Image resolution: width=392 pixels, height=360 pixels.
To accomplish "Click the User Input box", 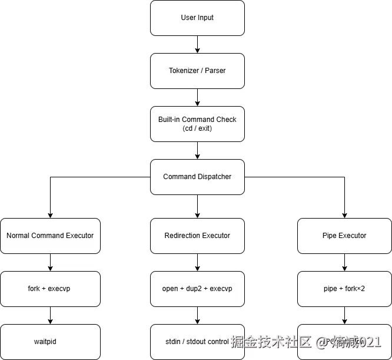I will coord(197,18).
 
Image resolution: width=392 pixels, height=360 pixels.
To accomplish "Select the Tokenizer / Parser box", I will coord(197,71).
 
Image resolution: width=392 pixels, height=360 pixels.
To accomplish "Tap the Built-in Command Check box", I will coord(197,124).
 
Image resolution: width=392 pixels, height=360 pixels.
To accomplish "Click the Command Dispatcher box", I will coord(197,177).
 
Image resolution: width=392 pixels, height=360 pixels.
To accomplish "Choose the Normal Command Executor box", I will coord(50,236).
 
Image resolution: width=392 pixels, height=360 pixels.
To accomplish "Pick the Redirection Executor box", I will coord(197,236).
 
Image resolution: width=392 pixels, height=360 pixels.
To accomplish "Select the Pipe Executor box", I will coord(344,236).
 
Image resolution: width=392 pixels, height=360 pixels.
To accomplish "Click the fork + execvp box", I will coord(50,289).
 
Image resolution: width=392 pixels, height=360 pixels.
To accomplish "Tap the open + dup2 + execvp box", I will coord(197,289).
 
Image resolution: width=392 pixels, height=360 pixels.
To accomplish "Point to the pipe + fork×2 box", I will coord(344,289).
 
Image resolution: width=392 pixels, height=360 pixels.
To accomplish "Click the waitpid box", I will coord(50,342).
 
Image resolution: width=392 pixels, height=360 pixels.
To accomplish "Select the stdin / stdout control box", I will coord(197,342).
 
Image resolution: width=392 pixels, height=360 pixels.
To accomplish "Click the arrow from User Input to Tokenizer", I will coord(197,44).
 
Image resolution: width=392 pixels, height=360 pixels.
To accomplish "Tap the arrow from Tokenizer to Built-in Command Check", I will coord(197,97).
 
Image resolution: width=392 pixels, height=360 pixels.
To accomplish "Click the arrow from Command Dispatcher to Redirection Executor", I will coord(197,206).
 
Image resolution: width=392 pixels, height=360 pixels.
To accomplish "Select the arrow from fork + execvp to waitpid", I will coord(50,315).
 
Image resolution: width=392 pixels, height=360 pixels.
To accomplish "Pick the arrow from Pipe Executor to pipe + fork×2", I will coord(344,262).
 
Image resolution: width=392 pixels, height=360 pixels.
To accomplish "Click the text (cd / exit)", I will coord(197,128).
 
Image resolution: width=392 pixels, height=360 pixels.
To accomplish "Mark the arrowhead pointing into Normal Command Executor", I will coord(50,214).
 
